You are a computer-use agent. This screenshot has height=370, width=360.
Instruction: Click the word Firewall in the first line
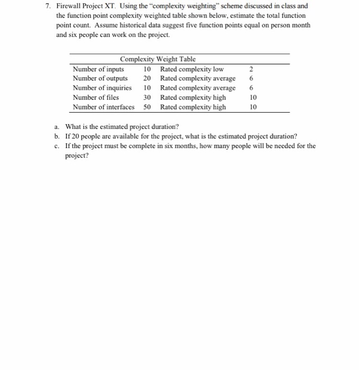pos(69,6)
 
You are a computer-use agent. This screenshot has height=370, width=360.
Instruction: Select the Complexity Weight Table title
pos(158,59)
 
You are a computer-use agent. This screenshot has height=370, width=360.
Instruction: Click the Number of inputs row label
pos(98,69)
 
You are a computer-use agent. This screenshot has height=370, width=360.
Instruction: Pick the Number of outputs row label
pos(100,79)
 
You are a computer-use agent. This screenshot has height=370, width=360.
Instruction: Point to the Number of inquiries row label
pos(102,88)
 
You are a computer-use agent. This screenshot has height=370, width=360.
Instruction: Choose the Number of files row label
pos(96,98)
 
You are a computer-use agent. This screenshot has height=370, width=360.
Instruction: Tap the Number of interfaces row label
pos(104,107)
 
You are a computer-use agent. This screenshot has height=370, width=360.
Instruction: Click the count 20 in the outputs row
pos(147,79)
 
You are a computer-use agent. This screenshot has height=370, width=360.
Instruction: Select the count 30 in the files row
pos(147,98)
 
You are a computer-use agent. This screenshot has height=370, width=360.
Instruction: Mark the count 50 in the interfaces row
pos(147,107)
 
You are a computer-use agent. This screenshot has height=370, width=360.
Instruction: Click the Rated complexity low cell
pos(192,69)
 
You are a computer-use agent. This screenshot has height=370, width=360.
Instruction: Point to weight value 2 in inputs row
pos(251,69)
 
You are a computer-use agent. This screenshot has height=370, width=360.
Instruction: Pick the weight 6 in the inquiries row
pos(251,88)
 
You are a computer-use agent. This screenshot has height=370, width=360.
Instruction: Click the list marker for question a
pos(57,127)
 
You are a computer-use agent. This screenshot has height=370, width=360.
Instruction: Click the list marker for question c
pos(57,146)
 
